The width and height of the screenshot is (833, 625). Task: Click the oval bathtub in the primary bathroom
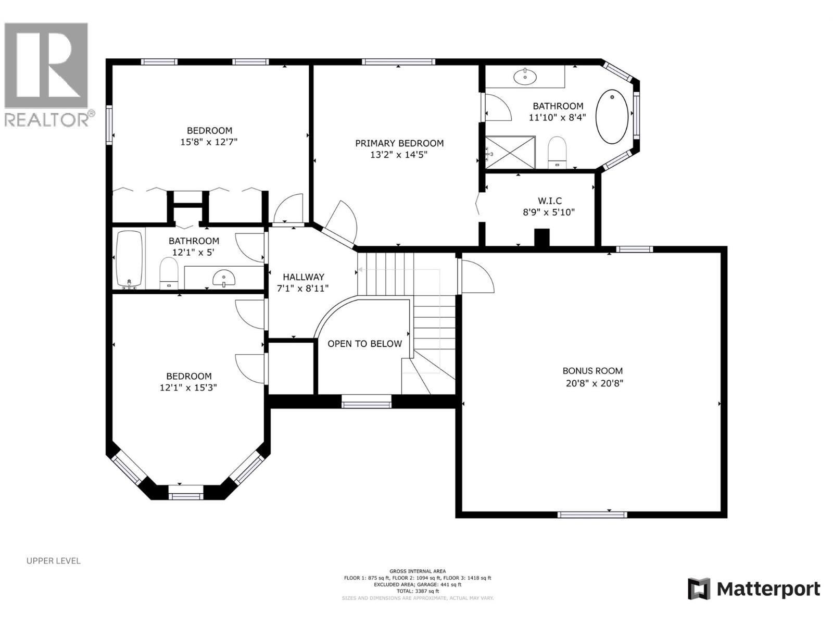pyautogui.click(x=612, y=117)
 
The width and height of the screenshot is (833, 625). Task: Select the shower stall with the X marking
pyautogui.click(x=510, y=152)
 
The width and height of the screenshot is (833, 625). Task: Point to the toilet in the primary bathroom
pyautogui.click(x=557, y=152)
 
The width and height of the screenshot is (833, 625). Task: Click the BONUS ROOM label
pyautogui.click(x=592, y=371)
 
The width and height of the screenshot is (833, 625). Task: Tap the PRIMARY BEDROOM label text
pyautogui.click(x=399, y=143)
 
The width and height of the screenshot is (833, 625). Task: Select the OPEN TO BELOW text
pyautogui.click(x=364, y=344)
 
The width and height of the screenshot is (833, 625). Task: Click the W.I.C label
pyautogui.click(x=550, y=201)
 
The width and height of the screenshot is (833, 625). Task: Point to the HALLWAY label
pyautogui.click(x=304, y=277)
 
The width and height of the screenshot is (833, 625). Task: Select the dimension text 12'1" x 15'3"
pyautogui.click(x=188, y=388)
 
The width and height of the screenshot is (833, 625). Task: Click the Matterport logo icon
pyautogui.click(x=699, y=589)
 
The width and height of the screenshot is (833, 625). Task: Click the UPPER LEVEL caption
pyautogui.click(x=54, y=561)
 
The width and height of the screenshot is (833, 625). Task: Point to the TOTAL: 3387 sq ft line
pyautogui.click(x=418, y=591)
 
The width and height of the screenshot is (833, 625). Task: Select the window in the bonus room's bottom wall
pyautogui.click(x=592, y=515)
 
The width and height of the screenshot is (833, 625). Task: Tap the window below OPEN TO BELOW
pyautogui.click(x=366, y=401)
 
